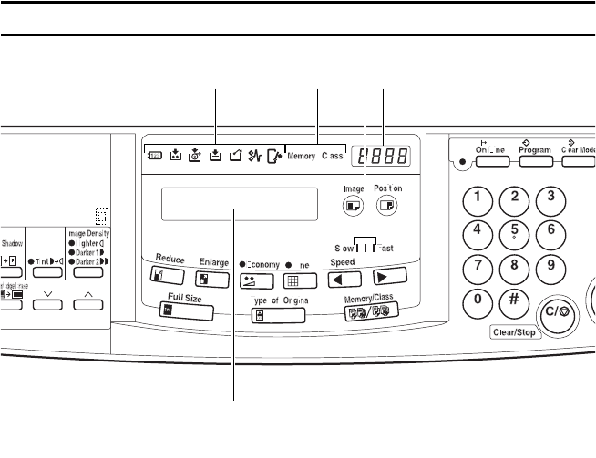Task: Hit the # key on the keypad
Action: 515,300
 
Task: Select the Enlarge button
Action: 212,279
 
